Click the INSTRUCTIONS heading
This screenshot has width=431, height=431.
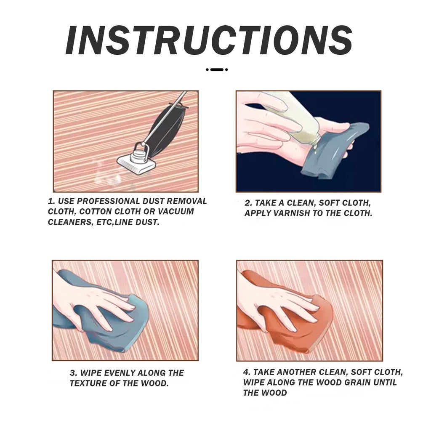point(209,41)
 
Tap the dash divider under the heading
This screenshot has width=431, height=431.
point(217,70)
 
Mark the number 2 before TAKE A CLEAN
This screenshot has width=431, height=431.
point(248,203)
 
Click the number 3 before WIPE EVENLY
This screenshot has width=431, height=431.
point(73,373)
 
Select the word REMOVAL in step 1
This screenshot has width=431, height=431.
point(186,201)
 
